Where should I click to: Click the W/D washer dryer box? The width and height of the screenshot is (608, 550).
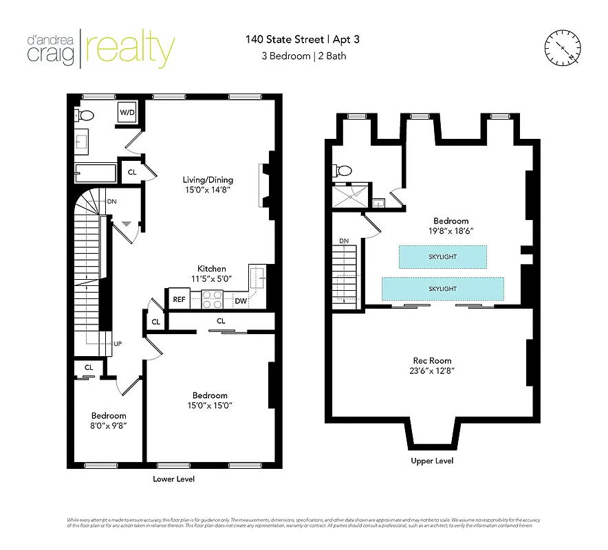click(x=127, y=113)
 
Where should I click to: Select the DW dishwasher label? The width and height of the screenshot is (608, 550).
click(x=240, y=300)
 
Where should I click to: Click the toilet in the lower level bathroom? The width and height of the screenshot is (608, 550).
click(x=85, y=115)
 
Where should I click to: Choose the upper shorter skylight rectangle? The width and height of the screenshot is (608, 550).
click(x=442, y=256)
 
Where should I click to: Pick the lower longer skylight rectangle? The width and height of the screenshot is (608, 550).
click(x=442, y=289)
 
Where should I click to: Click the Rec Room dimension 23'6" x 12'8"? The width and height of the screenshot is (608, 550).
click(x=432, y=371)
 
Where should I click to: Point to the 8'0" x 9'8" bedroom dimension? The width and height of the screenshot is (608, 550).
click(x=109, y=426)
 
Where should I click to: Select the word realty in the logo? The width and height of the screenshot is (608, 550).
click(x=130, y=47)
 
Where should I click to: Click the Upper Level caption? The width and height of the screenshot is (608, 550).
click(x=432, y=461)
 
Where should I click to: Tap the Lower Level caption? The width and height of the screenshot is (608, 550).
click(x=173, y=478)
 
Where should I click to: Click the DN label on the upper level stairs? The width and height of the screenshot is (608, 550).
click(x=345, y=241)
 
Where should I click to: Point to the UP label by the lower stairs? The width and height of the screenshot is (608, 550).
click(x=118, y=343)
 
